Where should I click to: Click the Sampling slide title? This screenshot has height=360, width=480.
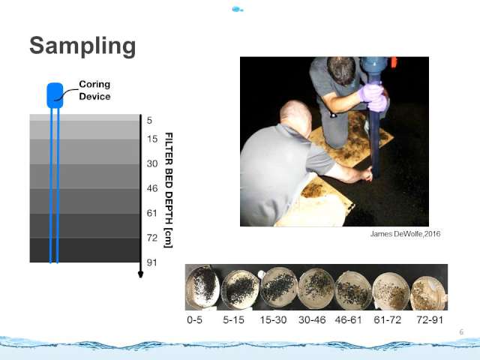[82, 46]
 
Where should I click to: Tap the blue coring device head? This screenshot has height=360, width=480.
[55, 95]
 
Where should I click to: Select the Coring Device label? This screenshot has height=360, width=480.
[94, 90]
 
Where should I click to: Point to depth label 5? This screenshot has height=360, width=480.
[149, 120]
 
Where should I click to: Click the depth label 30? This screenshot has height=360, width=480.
[152, 163]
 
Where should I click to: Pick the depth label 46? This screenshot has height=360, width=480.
[152, 188]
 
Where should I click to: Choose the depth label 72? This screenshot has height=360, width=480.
[152, 238]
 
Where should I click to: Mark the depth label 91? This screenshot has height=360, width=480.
[152, 262]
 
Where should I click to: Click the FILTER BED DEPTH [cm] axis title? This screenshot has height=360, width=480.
[169, 190]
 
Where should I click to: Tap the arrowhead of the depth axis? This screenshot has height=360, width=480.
[140, 274]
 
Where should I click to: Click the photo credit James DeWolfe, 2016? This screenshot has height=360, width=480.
[405, 234]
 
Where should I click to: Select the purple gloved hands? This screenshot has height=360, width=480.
[373, 97]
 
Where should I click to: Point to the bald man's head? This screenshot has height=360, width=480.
[295, 115]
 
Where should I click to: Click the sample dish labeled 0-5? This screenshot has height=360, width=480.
[202, 286]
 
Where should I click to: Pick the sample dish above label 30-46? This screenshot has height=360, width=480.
[316, 288]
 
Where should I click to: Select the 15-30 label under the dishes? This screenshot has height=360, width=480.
[273, 320]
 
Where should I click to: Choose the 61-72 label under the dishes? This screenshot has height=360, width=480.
[387, 320]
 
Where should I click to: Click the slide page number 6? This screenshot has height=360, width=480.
[461, 331]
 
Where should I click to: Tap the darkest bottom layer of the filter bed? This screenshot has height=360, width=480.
[85, 250]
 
